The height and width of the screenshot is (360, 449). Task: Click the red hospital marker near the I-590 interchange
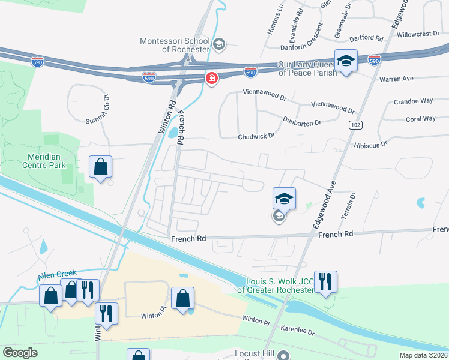(211, 79)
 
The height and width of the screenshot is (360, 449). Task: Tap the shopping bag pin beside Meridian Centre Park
(101, 167)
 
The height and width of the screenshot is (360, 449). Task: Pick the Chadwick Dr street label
(256, 136)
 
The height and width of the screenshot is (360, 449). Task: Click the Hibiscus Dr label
(370, 144)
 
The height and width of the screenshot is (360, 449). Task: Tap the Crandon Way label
(414, 101)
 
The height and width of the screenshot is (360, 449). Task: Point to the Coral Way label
(421, 119)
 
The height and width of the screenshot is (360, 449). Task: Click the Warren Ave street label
(396, 79)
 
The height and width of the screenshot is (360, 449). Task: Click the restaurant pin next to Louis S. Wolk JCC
(325, 283)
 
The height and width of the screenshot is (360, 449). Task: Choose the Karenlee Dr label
(299, 330)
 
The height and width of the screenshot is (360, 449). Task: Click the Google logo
(20, 353)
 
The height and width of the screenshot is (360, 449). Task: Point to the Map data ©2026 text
(423, 355)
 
